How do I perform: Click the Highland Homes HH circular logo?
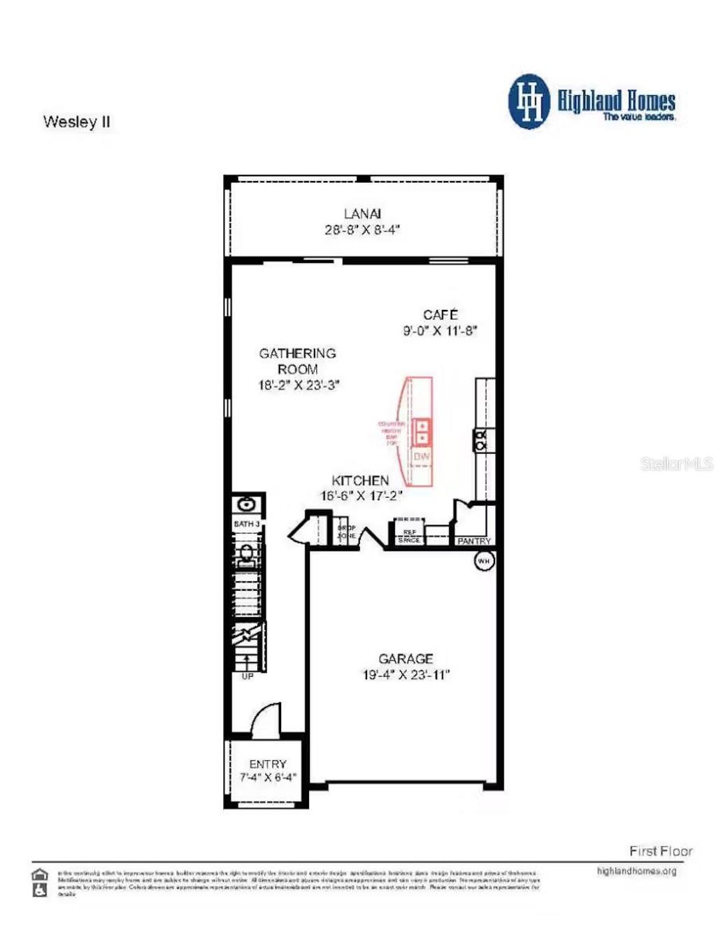coord(529,102)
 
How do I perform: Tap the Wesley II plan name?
coord(77,122)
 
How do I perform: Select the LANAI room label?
coord(362,214)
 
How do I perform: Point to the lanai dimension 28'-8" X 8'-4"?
coord(362,230)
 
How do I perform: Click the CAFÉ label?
coord(441,315)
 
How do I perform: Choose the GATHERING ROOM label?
coord(298,361)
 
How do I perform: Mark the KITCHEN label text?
coord(360,480)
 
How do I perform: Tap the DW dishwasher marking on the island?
coord(422,457)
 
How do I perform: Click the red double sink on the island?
coord(422,432)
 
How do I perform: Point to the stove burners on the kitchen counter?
coord(482,441)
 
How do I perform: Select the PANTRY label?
coord(473,541)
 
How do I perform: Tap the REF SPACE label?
coord(409,536)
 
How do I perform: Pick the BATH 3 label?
coord(247,524)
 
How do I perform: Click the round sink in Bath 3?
coord(246,504)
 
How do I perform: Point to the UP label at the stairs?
coord(248,676)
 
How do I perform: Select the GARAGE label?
coord(406,659)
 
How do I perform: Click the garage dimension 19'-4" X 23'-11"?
coord(406,675)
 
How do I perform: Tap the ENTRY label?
coord(268,764)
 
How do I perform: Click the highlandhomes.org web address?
coord(636,871)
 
